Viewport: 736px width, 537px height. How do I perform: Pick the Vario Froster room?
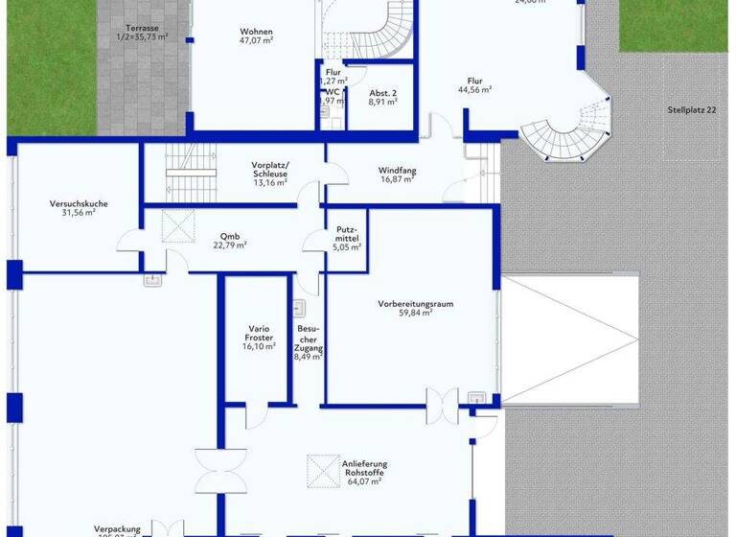pyautogui.click(x=259, y=338)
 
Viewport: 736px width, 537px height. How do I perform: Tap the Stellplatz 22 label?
pyautogui.click(x=692, y=110)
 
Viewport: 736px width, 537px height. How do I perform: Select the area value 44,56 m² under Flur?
pyautogui.click(x=474, y=89)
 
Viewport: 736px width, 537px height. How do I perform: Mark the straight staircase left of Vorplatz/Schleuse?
pyautogui.click(x=188, y=160)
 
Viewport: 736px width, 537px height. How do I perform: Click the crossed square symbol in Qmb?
pyautogui.click(x=177, y=227)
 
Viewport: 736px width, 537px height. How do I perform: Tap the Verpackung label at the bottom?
pyautogui.click(x=117, y=528)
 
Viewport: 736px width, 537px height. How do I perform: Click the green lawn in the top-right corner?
pyautogui.click(x=677, y=24)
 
